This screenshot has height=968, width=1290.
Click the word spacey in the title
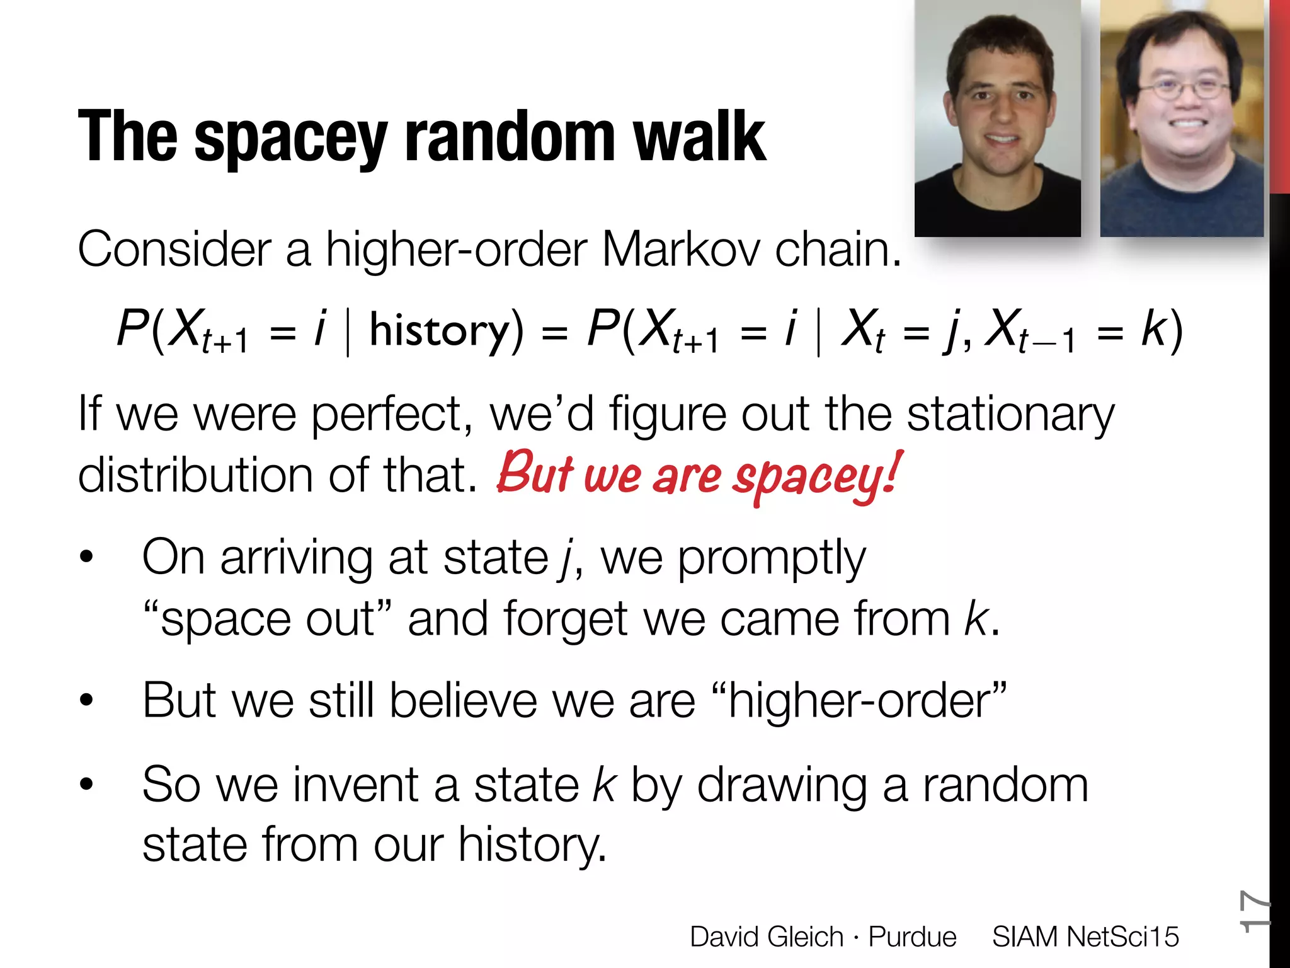pyautogui.click(x=291, y=139)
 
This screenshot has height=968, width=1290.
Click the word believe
pyautogui.click(x=463, y=701)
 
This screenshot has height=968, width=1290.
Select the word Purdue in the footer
pyautogui.click(x=912, y=936)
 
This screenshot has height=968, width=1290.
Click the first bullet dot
pyautogui.click(x=86, y=557)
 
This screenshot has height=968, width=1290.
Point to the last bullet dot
pyautogui.click(x=86, y=784)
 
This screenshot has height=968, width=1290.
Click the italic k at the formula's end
pyautogui.click(x=1153, y=329)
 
